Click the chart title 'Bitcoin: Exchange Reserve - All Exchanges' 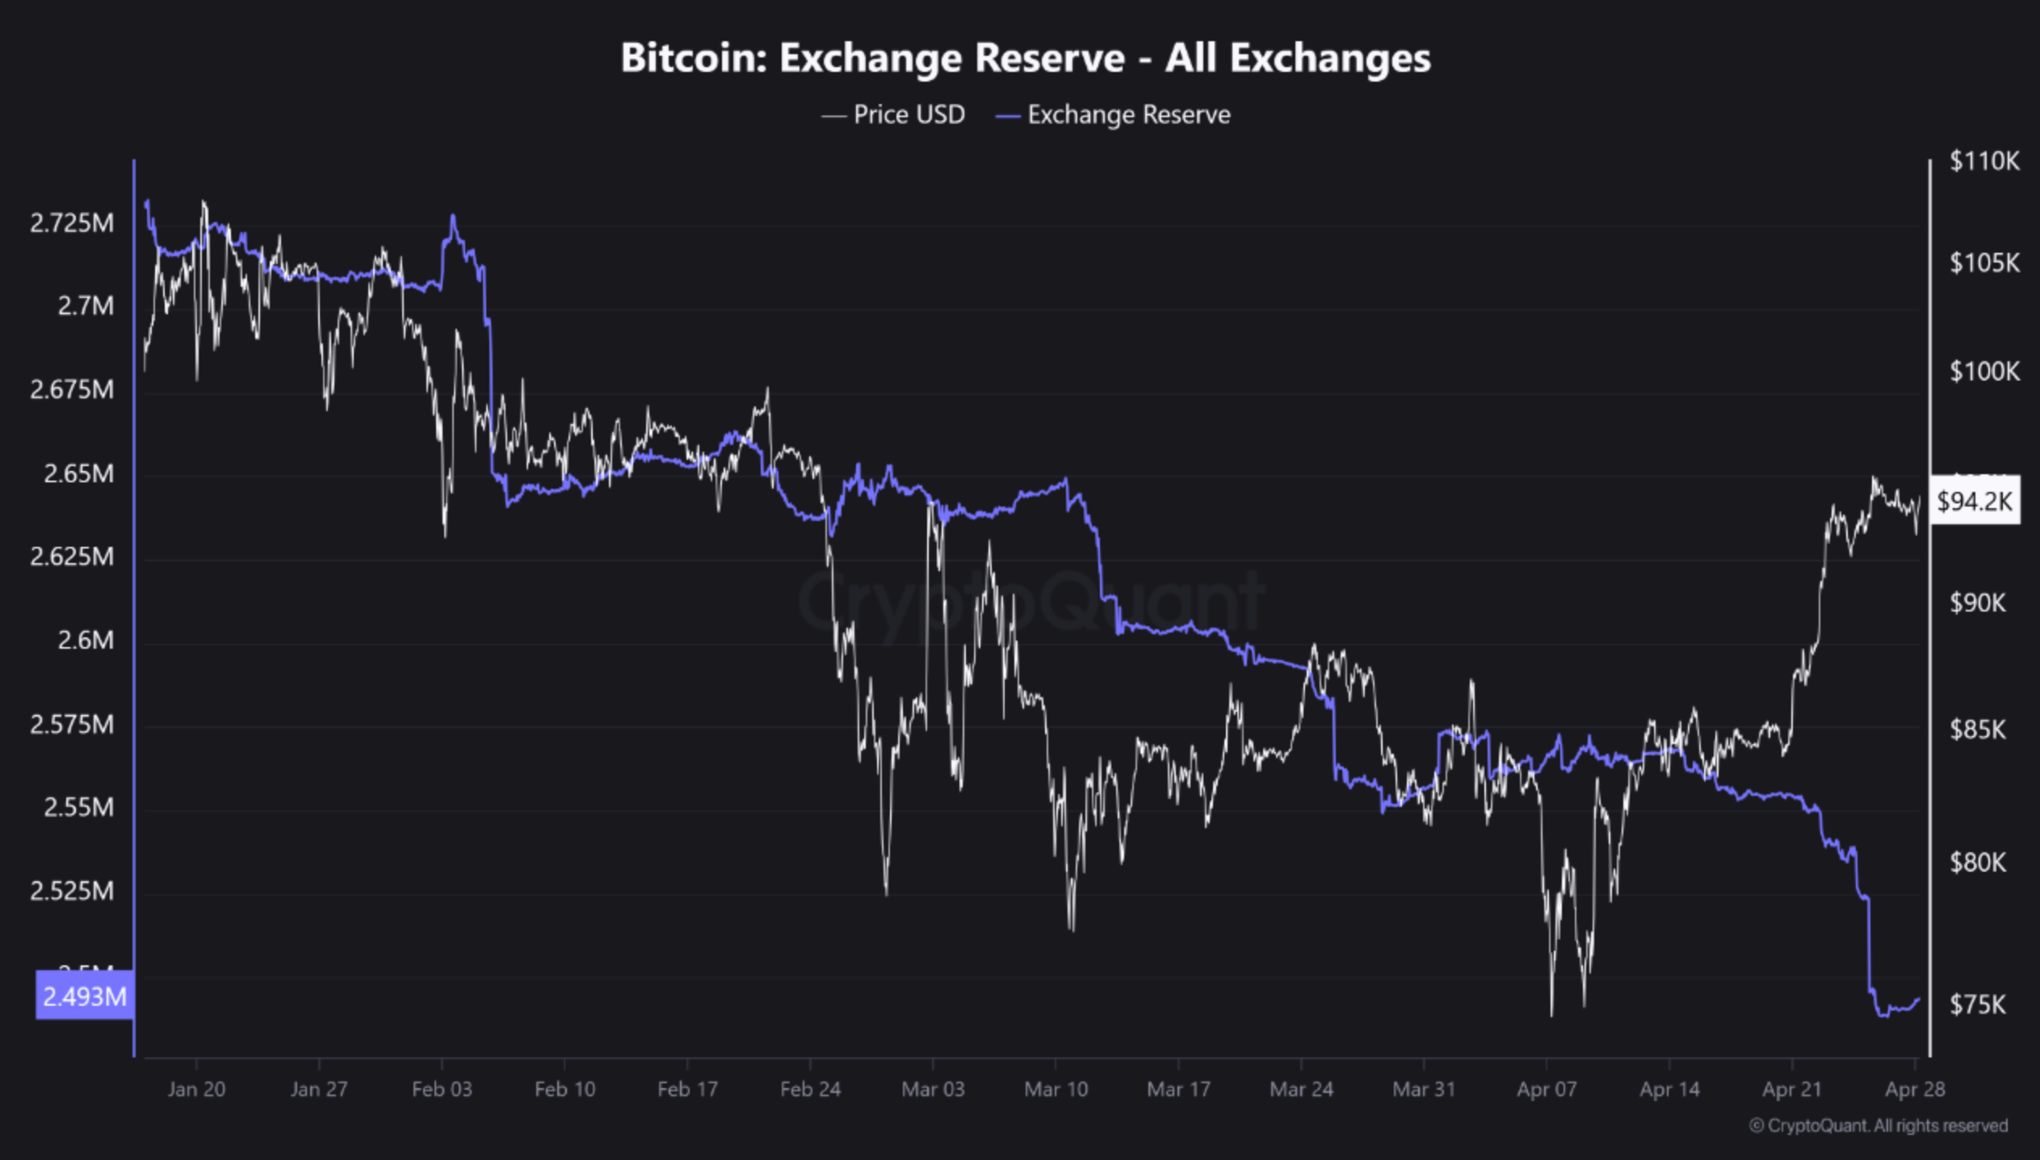(x=1025, y=58)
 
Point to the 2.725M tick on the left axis (x=72, y=223)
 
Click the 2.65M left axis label (x=78, y=473)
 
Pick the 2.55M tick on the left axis (x=78, y=807)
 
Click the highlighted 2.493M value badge (x=84, y=996)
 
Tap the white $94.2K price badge (x=1974, y=502)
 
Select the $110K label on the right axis (x=1983, y=162)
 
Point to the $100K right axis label (x=1983, y=372)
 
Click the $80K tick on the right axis (x=1978, y=863)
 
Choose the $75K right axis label (x=1978, y=1004)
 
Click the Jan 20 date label (x=196, y=1089)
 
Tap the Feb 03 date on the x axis (x=442, y=1089)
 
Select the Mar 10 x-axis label (x=1056, y=1089)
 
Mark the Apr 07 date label (x=1547, y=1089)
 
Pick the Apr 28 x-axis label (x=1915, y=1089)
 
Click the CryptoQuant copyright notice (x=1878, y=1125)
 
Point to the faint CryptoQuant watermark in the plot (x=1031, y=602)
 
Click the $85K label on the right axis (x=1978, y=729)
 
